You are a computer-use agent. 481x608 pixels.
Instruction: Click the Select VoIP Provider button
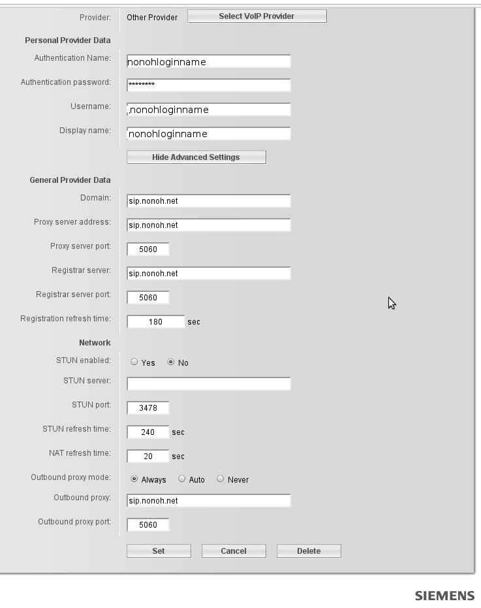click(256, 16)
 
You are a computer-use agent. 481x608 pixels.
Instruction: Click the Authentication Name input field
click(208, 61)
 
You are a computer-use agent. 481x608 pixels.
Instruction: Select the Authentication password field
click(208, 85)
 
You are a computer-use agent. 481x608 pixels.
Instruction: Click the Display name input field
click(208, 133)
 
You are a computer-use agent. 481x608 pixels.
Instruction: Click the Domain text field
click(208, 200)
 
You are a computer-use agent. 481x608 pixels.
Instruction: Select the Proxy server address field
click(208, 225)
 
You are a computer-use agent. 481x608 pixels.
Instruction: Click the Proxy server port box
click(148, 249)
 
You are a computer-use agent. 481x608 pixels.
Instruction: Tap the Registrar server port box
click(148, 297)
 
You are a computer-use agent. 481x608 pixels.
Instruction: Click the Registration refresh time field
click(156, 321)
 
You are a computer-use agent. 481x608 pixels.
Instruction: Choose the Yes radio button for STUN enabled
click(134, 362)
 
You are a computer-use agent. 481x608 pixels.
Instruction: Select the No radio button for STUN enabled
click(171, 362)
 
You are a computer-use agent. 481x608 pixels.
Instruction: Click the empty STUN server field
click(208, 383)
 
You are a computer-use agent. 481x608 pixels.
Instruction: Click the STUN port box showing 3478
click(148, 408)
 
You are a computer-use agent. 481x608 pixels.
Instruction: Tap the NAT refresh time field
click(148, 456)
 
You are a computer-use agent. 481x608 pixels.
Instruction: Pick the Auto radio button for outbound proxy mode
click(182, 479)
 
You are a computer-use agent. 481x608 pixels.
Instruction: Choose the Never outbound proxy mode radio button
click(221, 479)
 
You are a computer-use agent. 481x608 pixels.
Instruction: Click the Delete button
click(309, 551)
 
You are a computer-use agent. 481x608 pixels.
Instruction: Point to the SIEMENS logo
click(444, 596)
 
